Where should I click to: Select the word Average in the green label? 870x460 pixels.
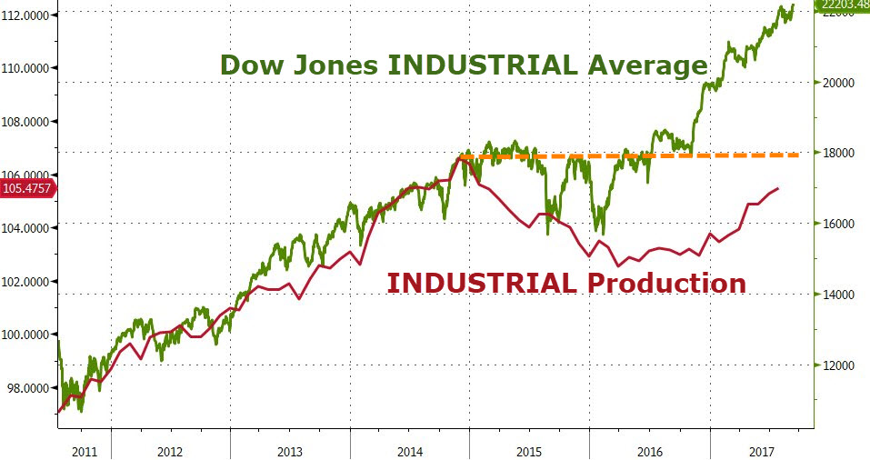(645, 66)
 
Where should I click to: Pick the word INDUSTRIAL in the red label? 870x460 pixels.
(481, 283)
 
